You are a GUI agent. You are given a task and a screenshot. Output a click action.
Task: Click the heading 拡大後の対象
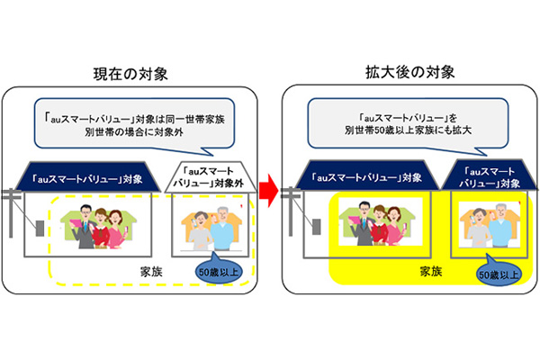(x=401, y=72)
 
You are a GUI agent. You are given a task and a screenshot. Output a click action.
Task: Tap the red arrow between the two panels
(x=266, y=190)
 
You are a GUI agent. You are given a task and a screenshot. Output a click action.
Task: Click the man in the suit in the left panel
(x=79, y=225)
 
